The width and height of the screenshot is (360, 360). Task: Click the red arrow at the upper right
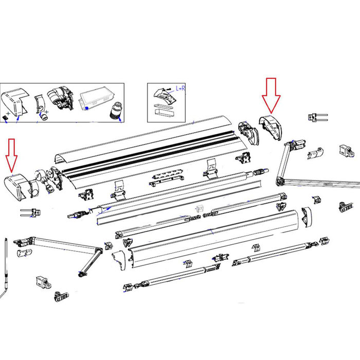point(271,95)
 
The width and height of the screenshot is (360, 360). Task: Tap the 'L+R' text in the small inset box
point(181,88)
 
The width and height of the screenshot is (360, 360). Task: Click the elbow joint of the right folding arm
point(280,181)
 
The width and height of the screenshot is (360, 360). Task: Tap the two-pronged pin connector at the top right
point(317,117)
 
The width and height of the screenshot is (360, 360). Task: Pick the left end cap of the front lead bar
point(118,260)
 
